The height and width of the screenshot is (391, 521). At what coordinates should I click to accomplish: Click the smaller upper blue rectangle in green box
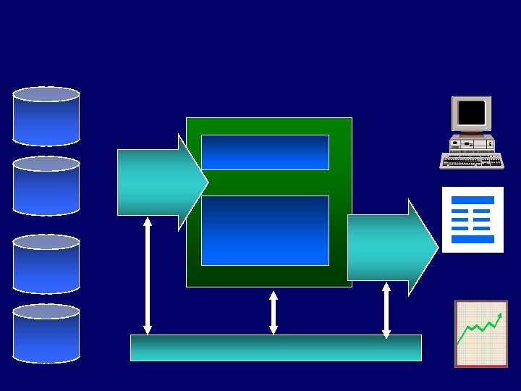pos(265,152)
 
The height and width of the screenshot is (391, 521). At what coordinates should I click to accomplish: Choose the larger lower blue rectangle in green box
pos(265,230)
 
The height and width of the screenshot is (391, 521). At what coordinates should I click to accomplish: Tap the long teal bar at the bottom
pos(276,348)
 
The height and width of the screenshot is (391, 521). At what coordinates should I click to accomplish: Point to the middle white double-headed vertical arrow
pos(274,313)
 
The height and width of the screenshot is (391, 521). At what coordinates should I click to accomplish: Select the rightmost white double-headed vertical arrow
pos(386,310)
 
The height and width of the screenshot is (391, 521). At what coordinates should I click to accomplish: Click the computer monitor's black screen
pos(471,113)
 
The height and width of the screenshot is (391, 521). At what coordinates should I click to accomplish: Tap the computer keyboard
pos(472,161)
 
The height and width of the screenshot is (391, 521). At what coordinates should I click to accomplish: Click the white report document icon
pos(473,219)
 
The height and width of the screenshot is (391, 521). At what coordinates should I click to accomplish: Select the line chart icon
pos(481,334)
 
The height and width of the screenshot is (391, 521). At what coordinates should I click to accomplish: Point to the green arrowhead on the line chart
pos(500,315)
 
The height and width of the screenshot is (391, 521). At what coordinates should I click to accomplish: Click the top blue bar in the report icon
pos(473,200)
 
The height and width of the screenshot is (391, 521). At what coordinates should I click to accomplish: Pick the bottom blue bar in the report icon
pos(473,239)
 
